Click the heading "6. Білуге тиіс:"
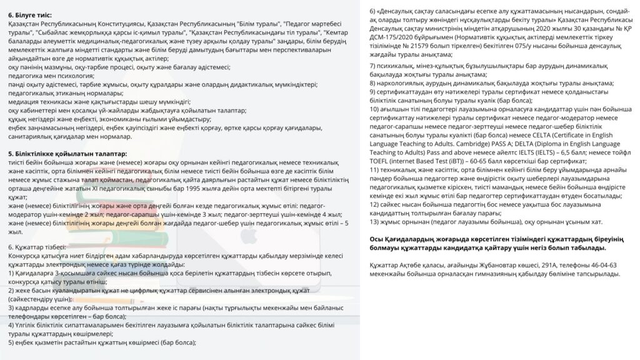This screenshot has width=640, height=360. [x=31, y=14]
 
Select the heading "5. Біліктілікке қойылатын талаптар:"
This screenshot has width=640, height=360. [x=67, y=153]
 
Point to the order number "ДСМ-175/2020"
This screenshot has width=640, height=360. [x=392, y=37]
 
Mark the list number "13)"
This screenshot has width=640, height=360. [x=375, y=221]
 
